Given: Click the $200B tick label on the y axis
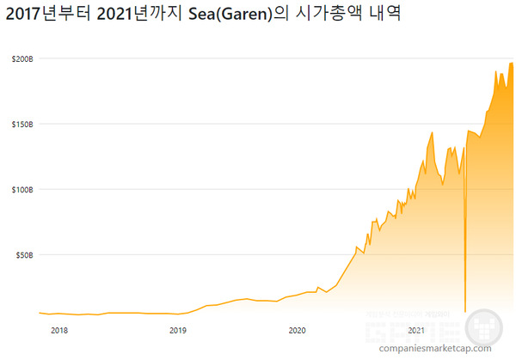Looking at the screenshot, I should click(x=22, y=58).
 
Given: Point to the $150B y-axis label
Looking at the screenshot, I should click(x=22, y=124).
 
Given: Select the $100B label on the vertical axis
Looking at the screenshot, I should click(x=22, y=189).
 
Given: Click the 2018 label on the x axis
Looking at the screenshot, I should click(x=59, y=330).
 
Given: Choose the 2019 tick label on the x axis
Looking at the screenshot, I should click(x=177, y=330).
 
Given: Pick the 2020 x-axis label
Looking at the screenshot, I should click(x=297, y=330).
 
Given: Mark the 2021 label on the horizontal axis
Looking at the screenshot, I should click(x=416, y=330).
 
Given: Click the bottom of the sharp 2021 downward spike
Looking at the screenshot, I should click(x=464, y=311).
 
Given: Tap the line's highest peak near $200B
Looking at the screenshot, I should click(x=512, y=63).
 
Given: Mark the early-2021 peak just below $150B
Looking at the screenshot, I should click(x=432, y=132).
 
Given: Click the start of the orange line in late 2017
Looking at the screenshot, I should click(x=40, y=313).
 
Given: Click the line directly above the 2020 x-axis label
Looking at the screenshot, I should click(x=297, y=294).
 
